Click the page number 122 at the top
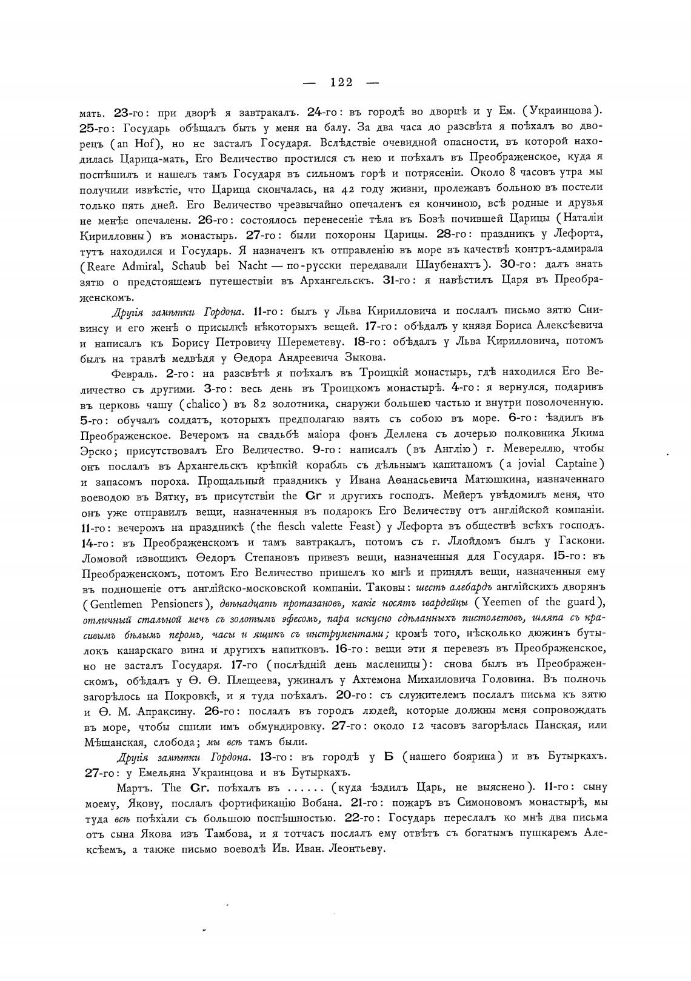tap(341, 82)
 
